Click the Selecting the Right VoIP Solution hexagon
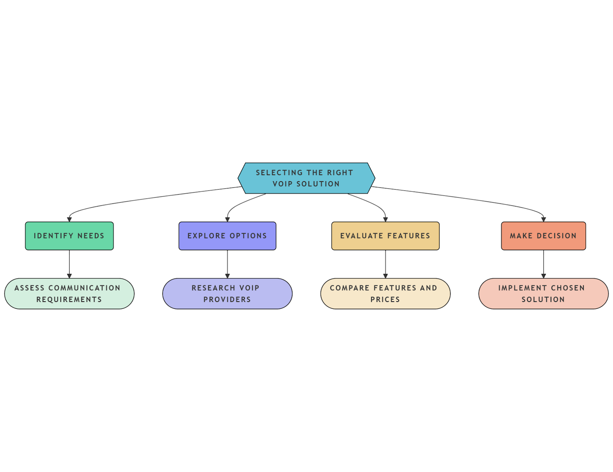click(306, 178)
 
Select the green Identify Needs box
click(69, 236)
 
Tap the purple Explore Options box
click(227, 236)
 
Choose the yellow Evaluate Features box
click(385, 236)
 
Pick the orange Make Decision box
click(543, 236)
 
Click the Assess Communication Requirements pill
click(69, 293)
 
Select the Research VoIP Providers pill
click(227, 293)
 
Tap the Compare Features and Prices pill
click(385, 293)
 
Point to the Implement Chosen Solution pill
click(543, 293)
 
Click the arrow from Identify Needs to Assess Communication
click(69, 264)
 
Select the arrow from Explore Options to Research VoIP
click(227, 264)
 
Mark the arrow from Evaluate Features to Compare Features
click(385, 264)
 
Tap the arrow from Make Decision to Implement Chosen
click(543, 264)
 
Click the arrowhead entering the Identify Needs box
click(69, 220)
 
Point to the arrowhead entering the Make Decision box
click(543, 220)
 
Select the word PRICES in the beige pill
click(385, 300)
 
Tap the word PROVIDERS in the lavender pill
click(227, 300)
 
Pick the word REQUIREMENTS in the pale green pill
click(69, 300)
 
